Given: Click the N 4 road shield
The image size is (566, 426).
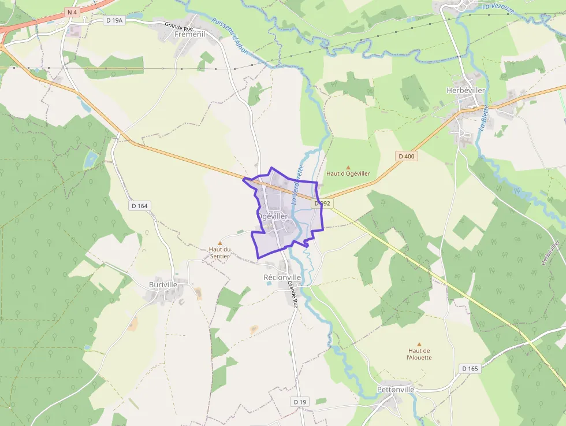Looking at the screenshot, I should click(x=72, y=12).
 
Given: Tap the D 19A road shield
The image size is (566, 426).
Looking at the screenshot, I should click(x=115, y=20).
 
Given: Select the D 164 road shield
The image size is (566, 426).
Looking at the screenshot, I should click(x=140, y=205).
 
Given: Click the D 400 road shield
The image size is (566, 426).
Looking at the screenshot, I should click(x=407, y=156).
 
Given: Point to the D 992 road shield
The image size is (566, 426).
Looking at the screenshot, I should click(x=322, y=203).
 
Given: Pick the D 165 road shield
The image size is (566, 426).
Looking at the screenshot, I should click(x=470, y=368).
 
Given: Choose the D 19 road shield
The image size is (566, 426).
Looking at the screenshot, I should click(x=299, y=402).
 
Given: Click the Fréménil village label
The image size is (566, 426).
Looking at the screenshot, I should click(x=189, y=35).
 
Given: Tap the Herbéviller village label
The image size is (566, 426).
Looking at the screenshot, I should click(x=464, y=90).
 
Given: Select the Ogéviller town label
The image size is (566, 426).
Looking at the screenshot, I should click(x=273, y=216).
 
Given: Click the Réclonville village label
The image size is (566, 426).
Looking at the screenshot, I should click(x=282, y=277).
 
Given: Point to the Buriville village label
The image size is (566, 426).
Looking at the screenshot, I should click(x=163, y=285).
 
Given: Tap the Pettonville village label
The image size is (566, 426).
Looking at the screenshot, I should click(x=396, y=390).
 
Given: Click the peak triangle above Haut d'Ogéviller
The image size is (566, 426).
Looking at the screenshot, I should click(x=348, y=167).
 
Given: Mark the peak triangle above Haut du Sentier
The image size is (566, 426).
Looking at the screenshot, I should click(x=219, y=243).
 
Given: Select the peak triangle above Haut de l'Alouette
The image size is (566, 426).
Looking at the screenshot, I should click(x=419, y=344).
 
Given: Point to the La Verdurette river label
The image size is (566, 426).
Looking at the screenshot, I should click(x=297, y=185).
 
